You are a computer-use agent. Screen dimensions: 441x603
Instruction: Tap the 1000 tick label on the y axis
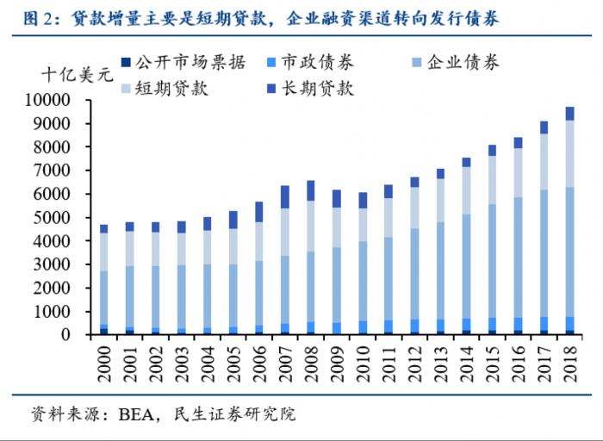pyautogui.click(x=62, y=312)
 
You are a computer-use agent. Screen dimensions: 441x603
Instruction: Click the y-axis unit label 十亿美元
pyautogui.click(x=78, y=75)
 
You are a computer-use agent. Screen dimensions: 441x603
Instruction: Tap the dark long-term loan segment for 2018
pyautogui.click(x=569, y=114)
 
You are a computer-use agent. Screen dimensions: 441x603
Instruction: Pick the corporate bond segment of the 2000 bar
pyautogui.click(x=104, y=297)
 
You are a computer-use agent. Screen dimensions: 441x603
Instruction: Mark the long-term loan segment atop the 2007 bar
pyautogui.click(x=285, y=197)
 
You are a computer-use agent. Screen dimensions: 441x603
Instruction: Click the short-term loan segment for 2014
pyautogui.click(x=466, y=190)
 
